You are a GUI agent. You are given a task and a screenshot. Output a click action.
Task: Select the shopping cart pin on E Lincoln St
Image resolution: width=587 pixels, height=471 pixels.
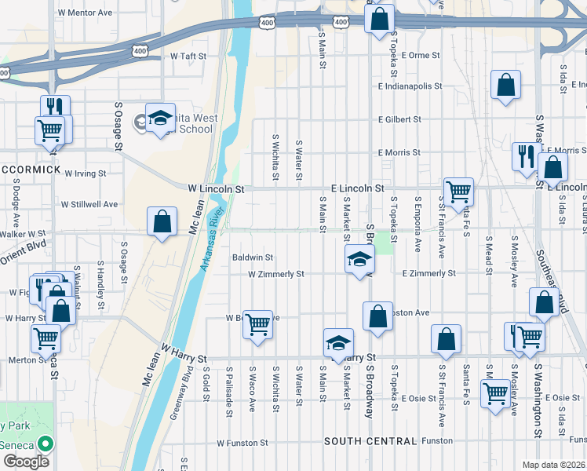click(x=458, y=191)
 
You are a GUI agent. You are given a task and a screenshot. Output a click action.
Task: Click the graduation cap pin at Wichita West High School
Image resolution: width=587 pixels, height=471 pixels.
click(x=160, y=119)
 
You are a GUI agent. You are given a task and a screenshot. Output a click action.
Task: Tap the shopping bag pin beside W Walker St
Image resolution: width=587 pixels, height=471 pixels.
click(x=162, y=221)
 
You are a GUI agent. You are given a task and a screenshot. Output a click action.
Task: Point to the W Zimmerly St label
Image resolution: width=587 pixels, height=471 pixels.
click(x=275, y=274)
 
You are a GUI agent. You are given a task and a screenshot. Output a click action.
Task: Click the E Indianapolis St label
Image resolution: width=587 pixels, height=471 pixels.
click(x=410, y=86)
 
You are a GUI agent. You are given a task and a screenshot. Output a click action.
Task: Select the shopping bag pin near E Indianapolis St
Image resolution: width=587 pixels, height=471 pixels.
click(x=506, y=85)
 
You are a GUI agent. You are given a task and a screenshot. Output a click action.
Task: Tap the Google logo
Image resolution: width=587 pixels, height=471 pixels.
click(x=26, y=462)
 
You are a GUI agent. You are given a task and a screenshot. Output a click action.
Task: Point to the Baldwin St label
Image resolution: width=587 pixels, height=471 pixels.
click(x=253, y=257)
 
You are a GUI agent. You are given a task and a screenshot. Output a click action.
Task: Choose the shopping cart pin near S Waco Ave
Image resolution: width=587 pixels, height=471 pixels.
click(x=258, y=323)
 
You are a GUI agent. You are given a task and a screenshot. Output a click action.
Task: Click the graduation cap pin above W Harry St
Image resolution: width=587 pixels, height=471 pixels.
click(x=338, y=343)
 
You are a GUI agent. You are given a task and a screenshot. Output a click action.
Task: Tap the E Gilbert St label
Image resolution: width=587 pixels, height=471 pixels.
click(x=399, y=119)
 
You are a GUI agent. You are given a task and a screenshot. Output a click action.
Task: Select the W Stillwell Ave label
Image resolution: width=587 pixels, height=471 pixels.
click(x=89, y=204)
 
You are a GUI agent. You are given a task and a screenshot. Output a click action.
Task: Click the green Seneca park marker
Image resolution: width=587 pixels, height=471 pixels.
click(x=45, y=444)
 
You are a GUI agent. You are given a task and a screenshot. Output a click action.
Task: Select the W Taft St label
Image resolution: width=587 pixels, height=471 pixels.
click(x=188, y=57)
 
